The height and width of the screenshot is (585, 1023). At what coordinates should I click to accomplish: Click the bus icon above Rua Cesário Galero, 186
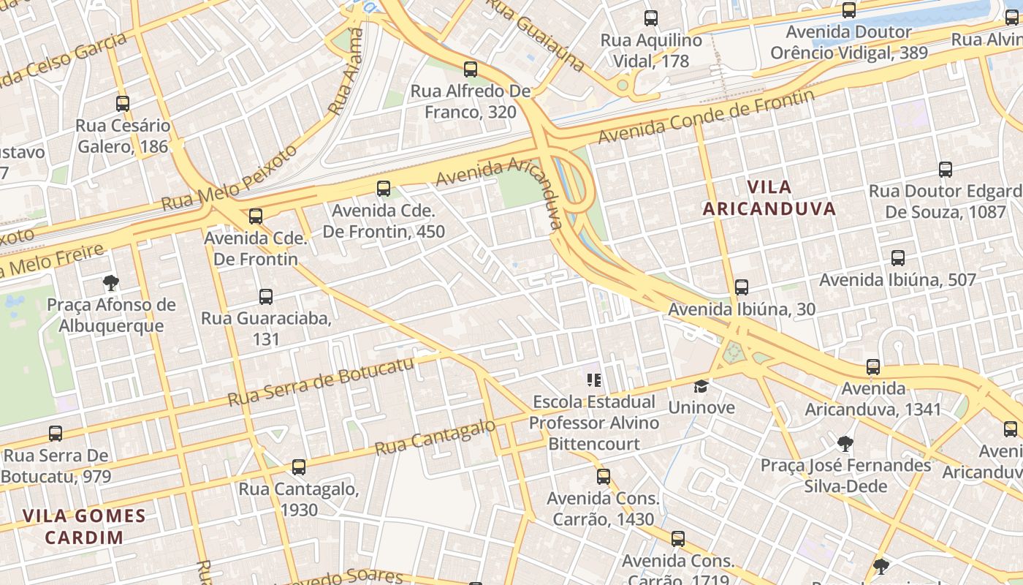[x=123, y=104]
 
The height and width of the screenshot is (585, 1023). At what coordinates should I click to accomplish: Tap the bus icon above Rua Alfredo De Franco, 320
[x=471, y=69]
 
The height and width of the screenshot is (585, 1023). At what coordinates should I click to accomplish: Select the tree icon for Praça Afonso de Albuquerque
[x=111, y=283]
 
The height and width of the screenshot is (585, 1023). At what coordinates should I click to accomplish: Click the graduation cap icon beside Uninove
[x=701, y=385]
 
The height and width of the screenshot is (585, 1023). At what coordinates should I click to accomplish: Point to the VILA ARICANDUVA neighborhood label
[x=769, y=197]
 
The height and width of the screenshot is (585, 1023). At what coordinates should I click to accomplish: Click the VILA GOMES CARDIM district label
[x=84, y=526]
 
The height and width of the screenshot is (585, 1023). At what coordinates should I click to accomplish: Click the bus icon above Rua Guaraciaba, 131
[x=266, y=297]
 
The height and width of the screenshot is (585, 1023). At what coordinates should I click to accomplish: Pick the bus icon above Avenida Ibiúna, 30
[x=742, y=287]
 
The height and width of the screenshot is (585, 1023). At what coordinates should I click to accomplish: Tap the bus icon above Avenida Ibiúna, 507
[x=898, y=258]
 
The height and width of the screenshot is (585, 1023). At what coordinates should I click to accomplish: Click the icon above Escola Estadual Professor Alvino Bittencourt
[x=594, y=380]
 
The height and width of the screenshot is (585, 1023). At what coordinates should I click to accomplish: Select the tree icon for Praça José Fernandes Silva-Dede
[x=845, y=443]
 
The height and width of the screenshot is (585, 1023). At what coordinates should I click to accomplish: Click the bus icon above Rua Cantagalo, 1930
[x=298, y=467]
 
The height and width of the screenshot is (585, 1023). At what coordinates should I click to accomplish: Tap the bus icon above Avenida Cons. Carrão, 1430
[x=604, y=477]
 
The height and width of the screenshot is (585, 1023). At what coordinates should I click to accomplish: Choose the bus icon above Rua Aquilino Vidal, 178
[x=651, y=18]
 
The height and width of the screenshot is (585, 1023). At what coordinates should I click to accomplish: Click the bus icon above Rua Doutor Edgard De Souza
[x=946, y=170]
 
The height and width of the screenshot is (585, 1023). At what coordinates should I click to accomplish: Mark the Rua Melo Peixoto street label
[x=230, y=178]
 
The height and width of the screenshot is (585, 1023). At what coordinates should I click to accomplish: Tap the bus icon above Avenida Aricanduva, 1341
[x=873, y=367]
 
